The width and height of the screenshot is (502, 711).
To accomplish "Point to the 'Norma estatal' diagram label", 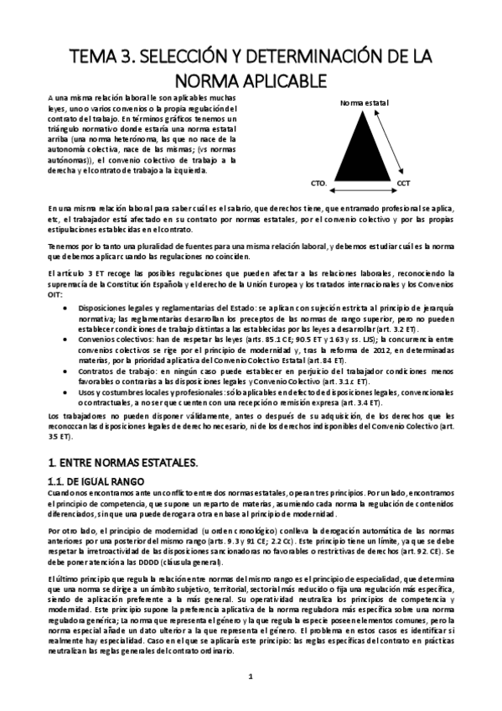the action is [x=364, y=102].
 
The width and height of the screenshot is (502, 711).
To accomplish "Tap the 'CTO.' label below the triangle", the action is [x=318, y=182].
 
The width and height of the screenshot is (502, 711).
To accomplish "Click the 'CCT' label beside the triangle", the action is [x=404, y=182].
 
